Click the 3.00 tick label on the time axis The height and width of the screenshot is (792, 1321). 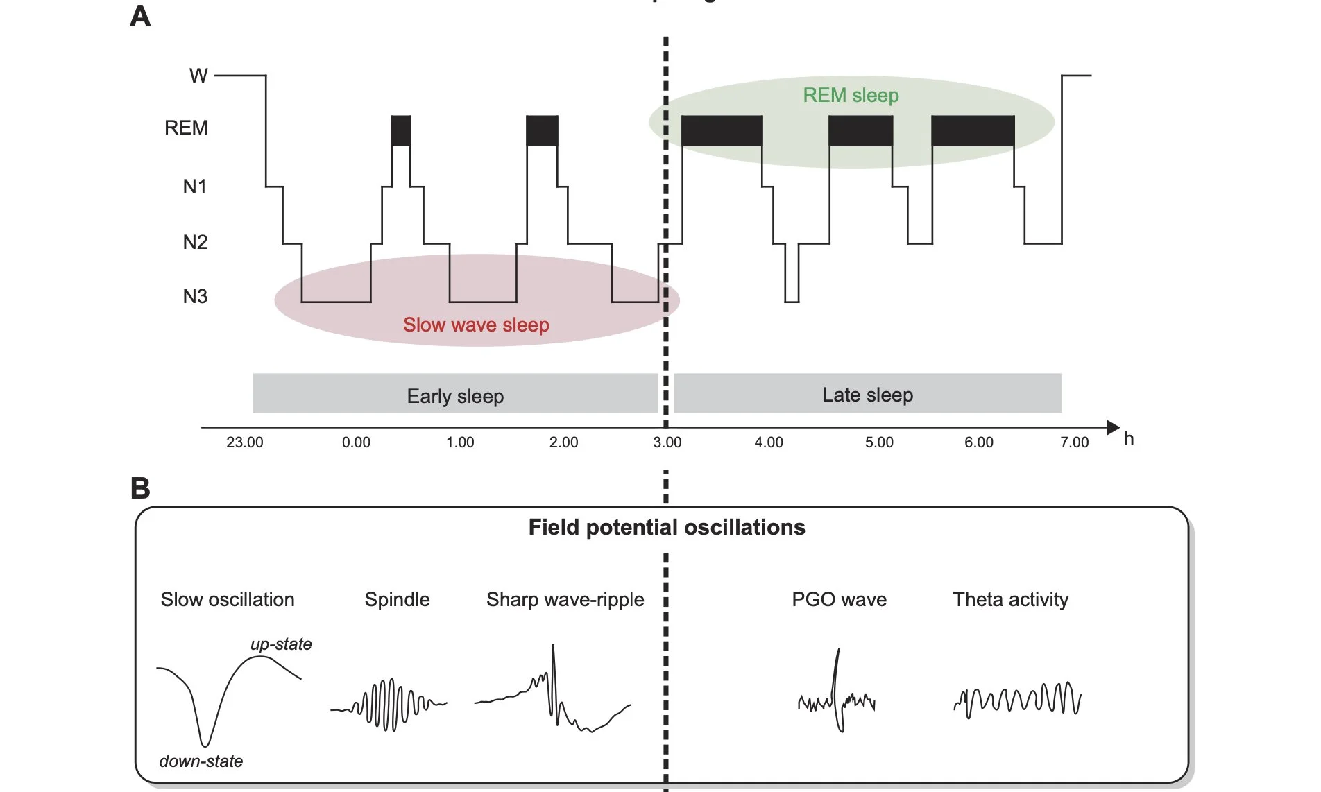pos(667,442)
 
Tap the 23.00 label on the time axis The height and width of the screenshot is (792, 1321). pos(244,442)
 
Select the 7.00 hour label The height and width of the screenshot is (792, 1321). pos(1074,442)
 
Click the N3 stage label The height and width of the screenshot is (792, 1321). pos(195,297)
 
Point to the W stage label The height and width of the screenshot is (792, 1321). pos(198,76)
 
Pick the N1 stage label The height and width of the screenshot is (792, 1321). pos(195,187)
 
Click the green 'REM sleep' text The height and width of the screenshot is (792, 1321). pos(851,96)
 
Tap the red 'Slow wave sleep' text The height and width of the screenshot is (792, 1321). pos(476,325)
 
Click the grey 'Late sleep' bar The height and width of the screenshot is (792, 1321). pos(867,394)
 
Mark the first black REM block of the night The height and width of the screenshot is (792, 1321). pos(401,130)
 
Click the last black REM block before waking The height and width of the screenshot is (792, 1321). pos(973,130)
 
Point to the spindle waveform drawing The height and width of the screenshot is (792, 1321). pos(389,705)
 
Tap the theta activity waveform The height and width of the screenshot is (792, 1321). pos(1018,699)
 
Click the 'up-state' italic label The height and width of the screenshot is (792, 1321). pos(281,644)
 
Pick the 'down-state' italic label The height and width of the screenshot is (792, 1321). pos(201,761)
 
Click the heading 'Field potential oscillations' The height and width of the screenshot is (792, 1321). pos(667,528)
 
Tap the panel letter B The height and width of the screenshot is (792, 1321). pos(140,488)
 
